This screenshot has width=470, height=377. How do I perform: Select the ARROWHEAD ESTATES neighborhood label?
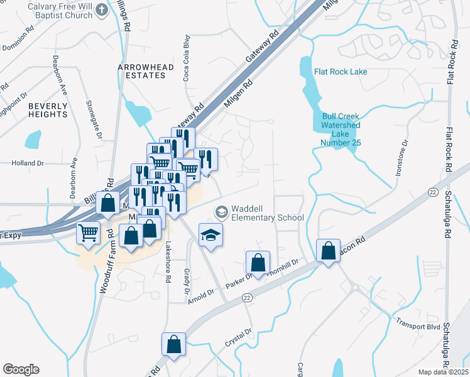141,70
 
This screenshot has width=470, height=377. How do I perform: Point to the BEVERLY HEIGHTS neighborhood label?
48,110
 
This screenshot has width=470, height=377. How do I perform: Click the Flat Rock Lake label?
341,72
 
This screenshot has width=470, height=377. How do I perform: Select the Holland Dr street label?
28,163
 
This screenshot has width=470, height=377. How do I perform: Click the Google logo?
21,369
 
